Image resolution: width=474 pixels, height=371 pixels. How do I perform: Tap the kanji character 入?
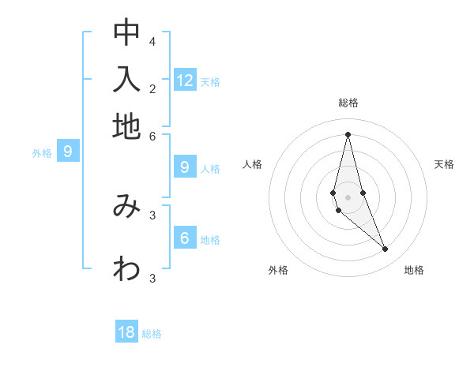tap(126, 80)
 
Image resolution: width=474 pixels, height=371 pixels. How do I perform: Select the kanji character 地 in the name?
tap(126, 126)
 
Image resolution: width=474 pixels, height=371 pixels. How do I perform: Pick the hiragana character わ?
tap(126, 269)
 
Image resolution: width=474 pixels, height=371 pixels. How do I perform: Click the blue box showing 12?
tap(185, 80)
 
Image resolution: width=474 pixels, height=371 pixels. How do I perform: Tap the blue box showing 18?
tap(126, 332)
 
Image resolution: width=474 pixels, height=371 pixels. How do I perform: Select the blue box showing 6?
tap(185, 238)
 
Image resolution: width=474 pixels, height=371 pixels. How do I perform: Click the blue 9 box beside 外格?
tap(68, 152)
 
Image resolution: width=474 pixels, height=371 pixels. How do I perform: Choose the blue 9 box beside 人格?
tap(185, 167)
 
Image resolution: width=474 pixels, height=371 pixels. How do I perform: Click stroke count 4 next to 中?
tap(152, 41)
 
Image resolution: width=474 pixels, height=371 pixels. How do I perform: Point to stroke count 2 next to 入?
tap(152, 88)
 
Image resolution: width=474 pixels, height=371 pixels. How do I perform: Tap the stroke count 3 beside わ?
tap(152, 278)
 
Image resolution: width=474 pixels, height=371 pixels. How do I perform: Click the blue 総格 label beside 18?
tap(152, 334)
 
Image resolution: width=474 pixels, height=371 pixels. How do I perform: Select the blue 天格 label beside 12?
tap(210, 82)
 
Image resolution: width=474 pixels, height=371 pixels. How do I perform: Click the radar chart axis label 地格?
tap(414, 270)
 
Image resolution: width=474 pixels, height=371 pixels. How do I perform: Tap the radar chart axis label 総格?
tap(348, 103)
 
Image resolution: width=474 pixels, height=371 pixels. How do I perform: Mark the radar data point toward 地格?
tap(385, 249)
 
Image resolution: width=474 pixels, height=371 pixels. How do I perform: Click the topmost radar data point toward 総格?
tap(348, 133)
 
